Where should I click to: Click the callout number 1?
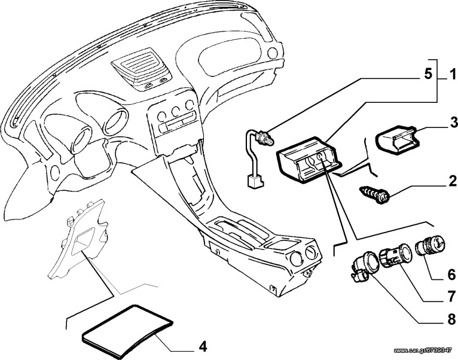(x=453, y=74)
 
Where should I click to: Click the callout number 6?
(x=451, y=274)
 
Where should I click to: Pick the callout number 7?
(x=451, y=297)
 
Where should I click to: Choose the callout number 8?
(x=451, y=319)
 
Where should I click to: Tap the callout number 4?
(x=203, y=347)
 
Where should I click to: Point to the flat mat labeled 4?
(x=127, y=331)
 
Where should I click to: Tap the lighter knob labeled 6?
(x=430, y=246)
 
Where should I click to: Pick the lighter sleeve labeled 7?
(x=395, y=255)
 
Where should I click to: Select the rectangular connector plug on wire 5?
(x=255, y=181)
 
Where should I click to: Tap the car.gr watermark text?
(x=425, y=350)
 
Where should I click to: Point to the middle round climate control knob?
(x=176, y=111)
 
